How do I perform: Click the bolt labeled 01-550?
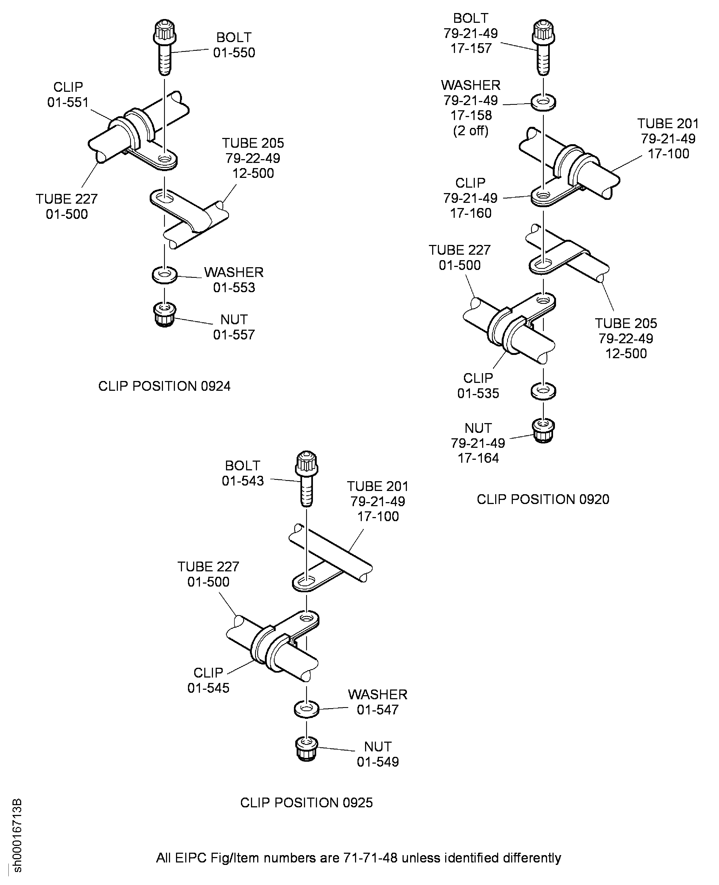click(165, 48)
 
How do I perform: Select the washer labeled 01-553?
click(164, 275)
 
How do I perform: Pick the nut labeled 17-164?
click(543, 431)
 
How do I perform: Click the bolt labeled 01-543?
click(306, 478)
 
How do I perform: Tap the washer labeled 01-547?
click(306, 709)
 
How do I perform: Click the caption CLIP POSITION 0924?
click(164, 386)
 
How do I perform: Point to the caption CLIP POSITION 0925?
click(306, 803)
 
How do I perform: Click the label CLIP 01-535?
click(478, 386)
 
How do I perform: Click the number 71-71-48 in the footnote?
click(370, 857)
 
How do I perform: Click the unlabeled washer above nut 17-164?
click(543, 391)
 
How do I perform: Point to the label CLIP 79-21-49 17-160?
click(470, 198)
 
